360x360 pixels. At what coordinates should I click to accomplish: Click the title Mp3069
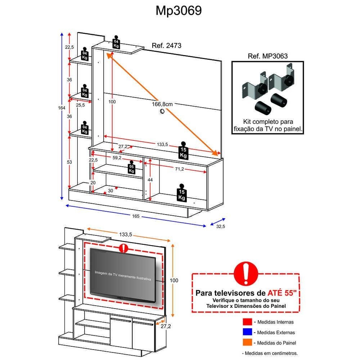click(179, 11)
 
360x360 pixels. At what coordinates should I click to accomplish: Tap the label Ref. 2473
click(166, 46)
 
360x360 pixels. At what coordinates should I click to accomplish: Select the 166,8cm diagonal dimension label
click(162, 104)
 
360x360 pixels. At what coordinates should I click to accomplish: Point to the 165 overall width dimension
click(135, 216)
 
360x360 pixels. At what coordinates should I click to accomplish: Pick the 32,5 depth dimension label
click(220, 226)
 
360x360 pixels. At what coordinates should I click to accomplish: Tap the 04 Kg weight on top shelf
click(116, 42)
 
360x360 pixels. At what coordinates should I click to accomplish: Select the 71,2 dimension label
click(180, 169)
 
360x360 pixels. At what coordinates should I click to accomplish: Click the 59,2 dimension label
click(116, 157)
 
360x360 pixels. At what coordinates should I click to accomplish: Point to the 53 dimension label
click(69, 162)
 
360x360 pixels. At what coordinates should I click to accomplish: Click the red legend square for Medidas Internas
click(247, 322)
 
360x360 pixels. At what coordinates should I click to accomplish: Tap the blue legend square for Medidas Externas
click(247, 332)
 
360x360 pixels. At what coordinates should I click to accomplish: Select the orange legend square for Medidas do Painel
click(247, 343)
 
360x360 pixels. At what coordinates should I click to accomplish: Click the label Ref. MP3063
click(268, 56)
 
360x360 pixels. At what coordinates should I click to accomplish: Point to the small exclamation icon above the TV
click(123, 248)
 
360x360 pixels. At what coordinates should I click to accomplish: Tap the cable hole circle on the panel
click(162, 112)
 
